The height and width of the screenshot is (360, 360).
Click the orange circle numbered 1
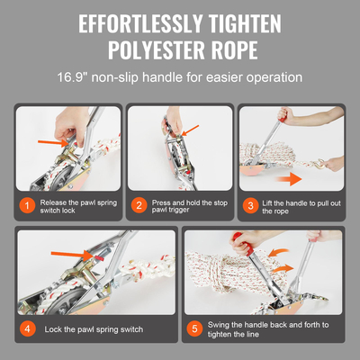[28, 206]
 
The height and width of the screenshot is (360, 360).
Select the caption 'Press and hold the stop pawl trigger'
[184, 206]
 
